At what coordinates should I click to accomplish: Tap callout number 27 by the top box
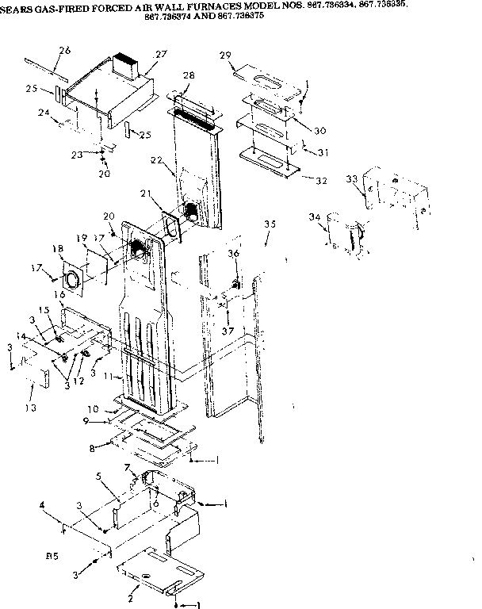click(161, 55)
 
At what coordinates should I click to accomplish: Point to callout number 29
click(226, 55)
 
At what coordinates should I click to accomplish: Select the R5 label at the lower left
click(52, 557)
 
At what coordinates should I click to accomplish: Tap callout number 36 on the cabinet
click(233, 253)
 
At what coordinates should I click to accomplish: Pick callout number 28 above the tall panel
click(188, 75)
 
